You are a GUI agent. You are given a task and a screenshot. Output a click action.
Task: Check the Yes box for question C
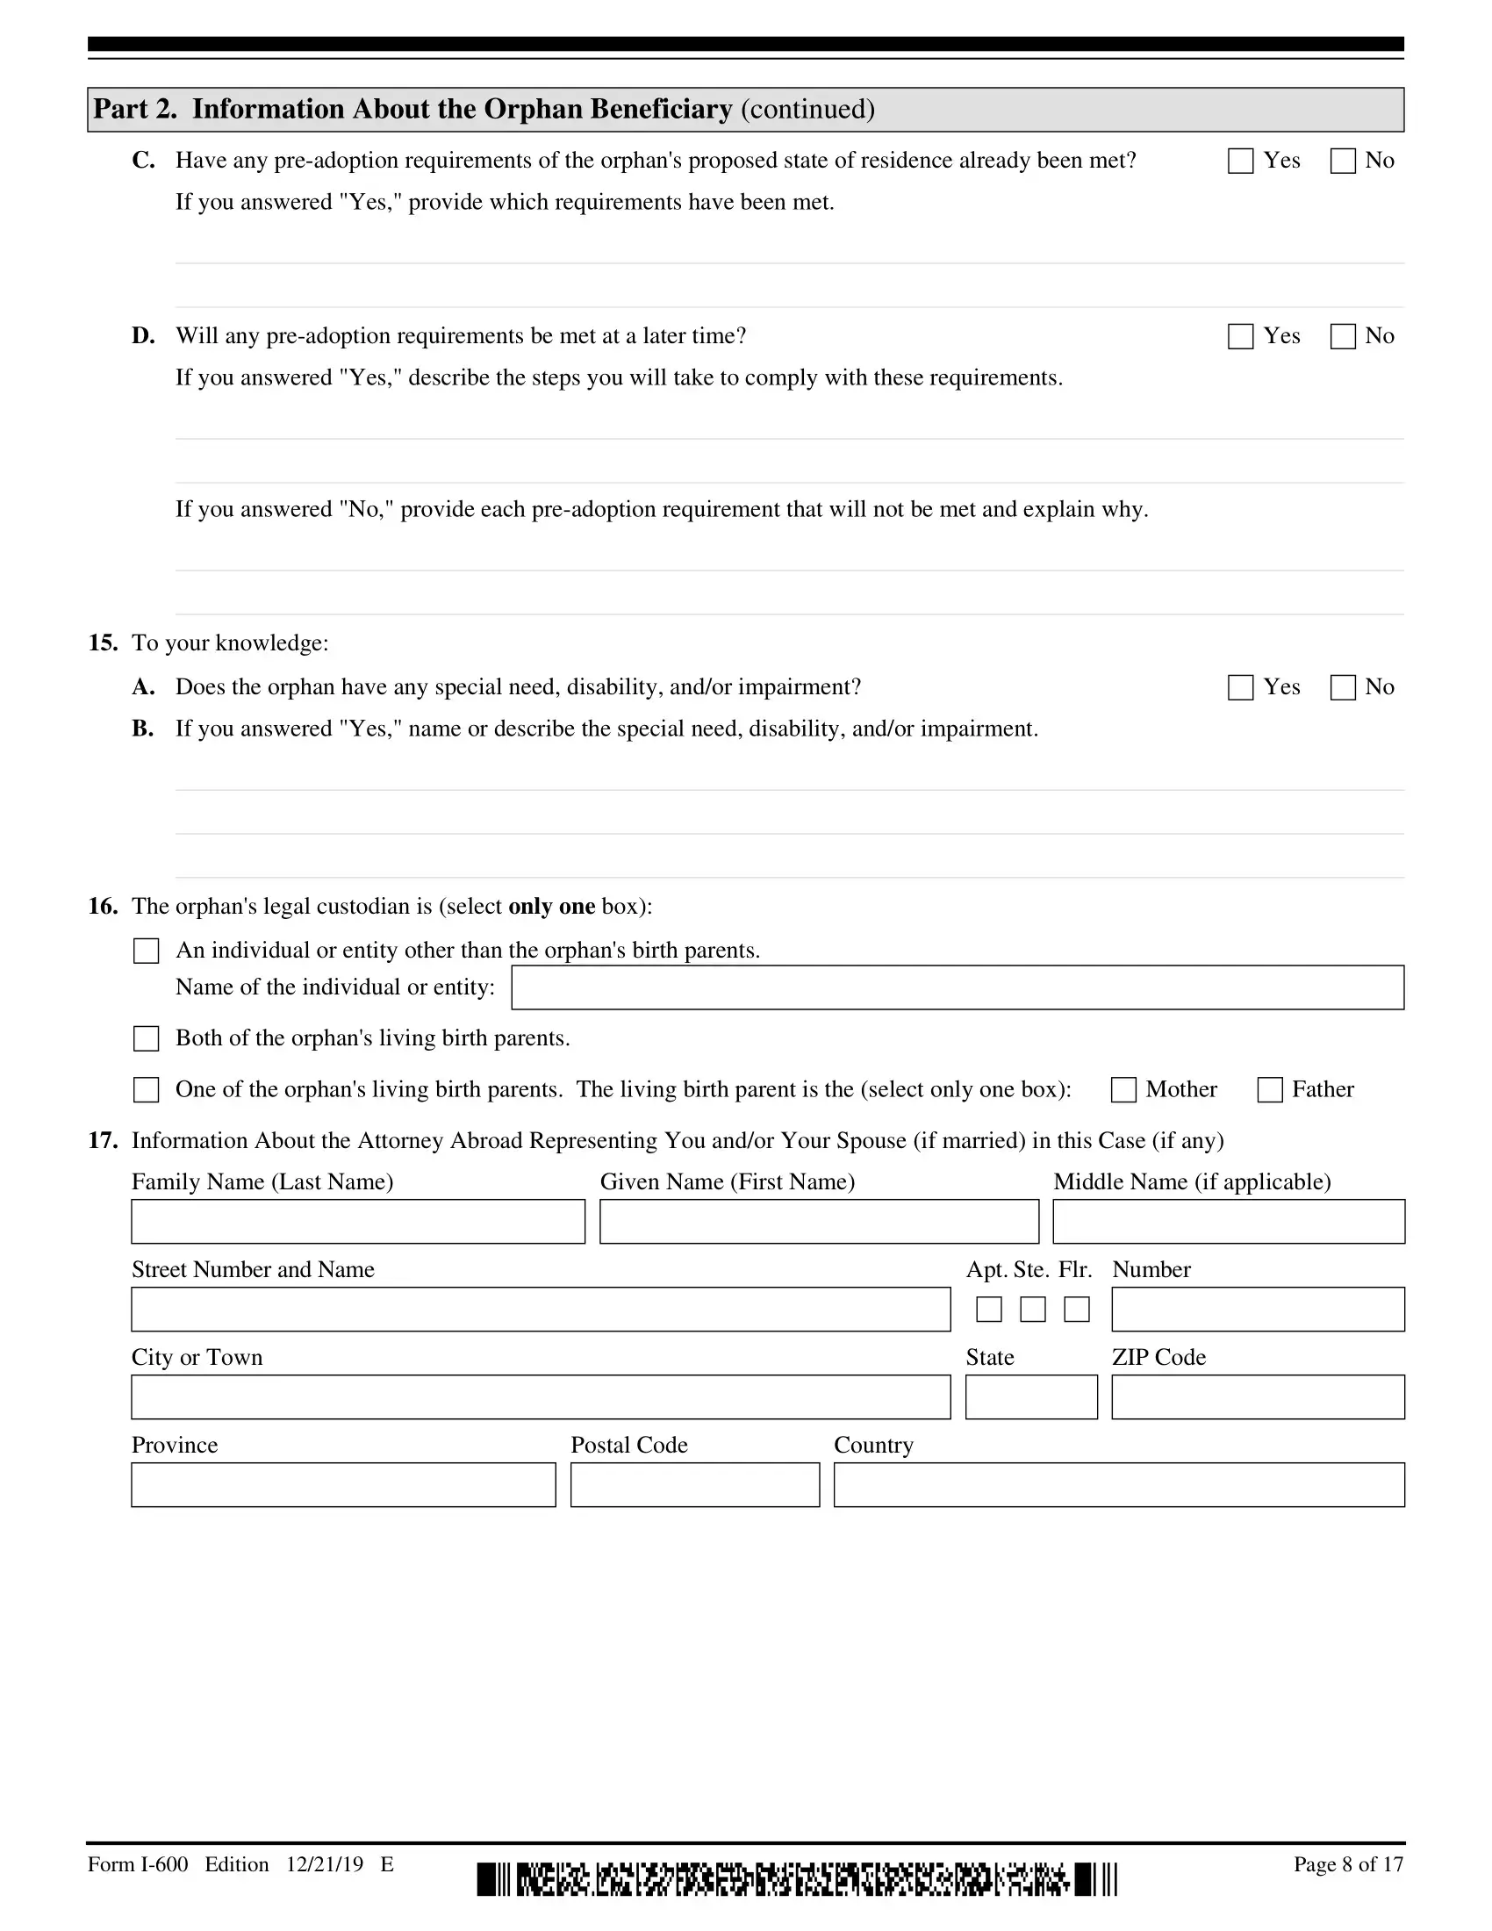[x=1240, y=161]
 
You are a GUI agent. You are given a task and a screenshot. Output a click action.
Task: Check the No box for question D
[x=1343, y=336]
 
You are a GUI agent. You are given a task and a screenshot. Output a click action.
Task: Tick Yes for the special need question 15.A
[x=1240, y=688]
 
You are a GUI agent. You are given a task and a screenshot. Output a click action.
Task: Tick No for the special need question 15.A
[x=1343, y=688]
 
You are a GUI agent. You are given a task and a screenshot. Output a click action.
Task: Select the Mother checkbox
[x=1123, y=1090]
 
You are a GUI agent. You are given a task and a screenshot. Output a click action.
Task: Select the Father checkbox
[x=1269, y=1090]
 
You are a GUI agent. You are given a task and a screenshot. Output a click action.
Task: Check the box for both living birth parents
[x=146, y=1039]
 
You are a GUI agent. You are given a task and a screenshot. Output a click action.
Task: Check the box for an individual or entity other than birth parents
[x=146, y=951]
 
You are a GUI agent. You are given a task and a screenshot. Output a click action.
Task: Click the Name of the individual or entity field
[x=958, y=987]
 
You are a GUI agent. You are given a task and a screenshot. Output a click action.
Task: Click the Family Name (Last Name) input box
[x=358, y=1222]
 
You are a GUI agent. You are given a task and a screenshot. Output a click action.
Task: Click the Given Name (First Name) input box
[x=819, y=1222]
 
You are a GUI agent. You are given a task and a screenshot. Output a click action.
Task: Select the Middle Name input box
[x=1229, y=1222]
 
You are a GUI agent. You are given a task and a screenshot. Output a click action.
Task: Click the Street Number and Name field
[x=540, y=1310]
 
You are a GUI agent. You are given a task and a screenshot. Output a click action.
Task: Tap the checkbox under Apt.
[x=988, y=1310]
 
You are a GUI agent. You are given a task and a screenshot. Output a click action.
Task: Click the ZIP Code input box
[x=1258, y=1397]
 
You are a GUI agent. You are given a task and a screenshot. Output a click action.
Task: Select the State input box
[x=1030, y=1397]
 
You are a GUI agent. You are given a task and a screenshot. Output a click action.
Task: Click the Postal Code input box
[x=695, y=1484]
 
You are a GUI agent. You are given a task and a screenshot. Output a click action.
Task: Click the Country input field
[x=1118, y=1484]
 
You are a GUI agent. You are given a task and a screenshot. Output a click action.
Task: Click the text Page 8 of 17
[x=1348, y=1864]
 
